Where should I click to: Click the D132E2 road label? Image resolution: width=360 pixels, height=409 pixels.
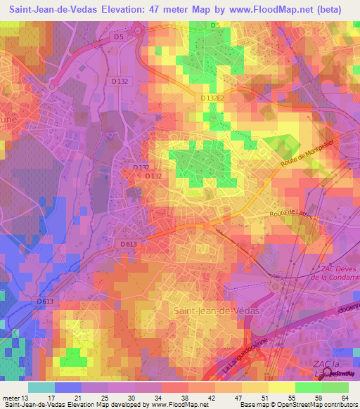212,98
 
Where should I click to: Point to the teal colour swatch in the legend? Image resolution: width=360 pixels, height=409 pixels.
41,387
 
